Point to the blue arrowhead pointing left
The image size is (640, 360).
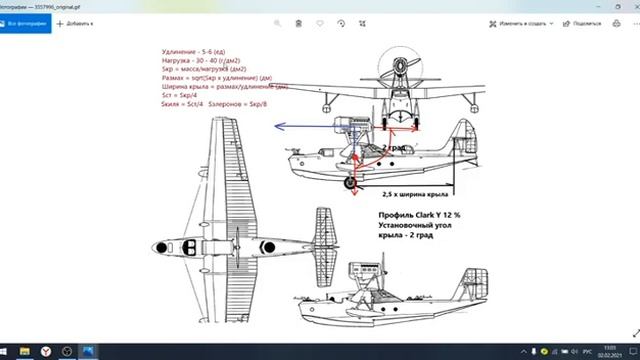point(281,127)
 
